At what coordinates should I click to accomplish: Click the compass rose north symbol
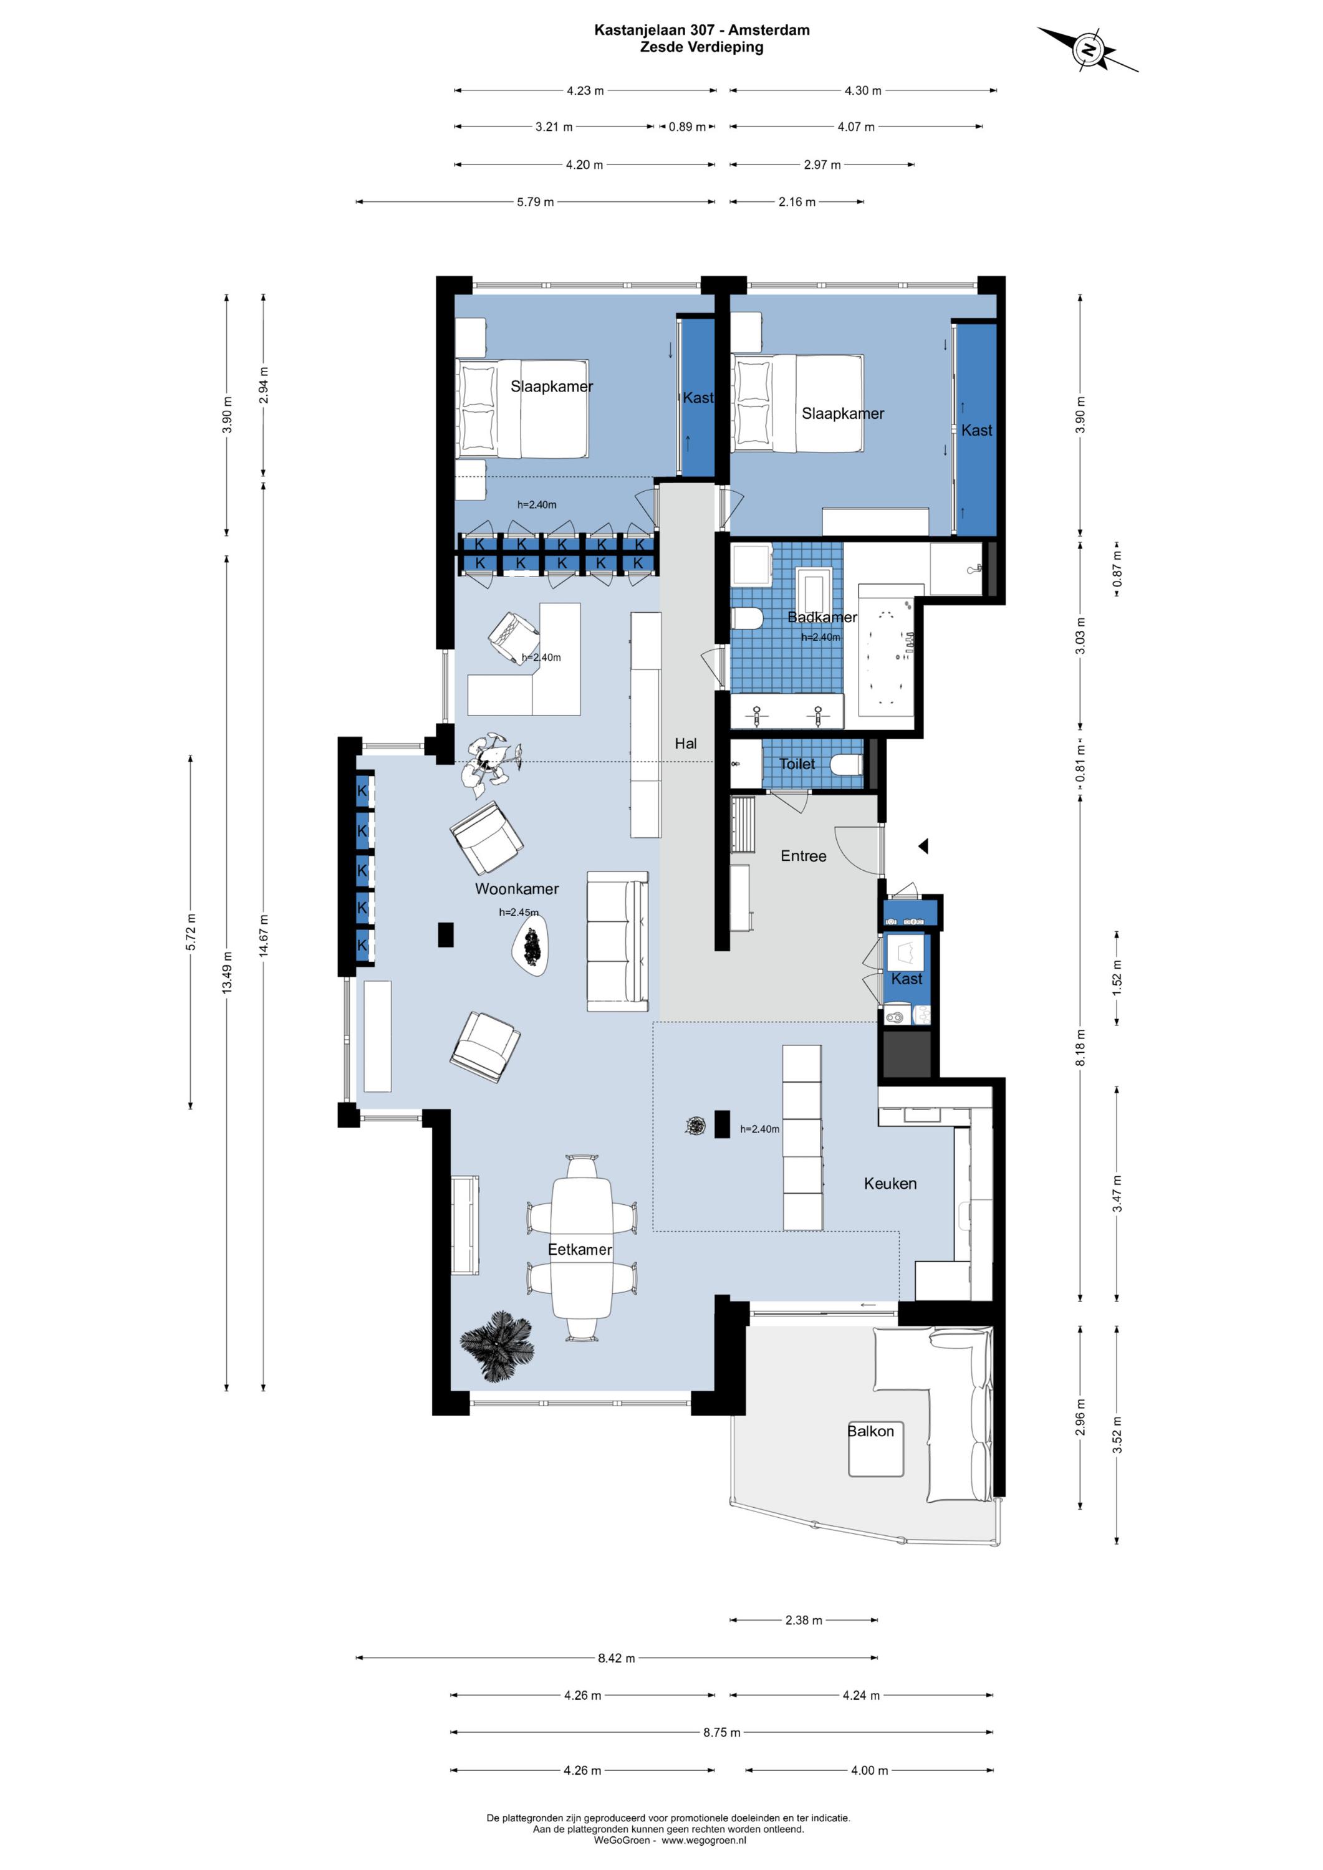point(1089,50)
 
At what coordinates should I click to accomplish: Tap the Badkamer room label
point(821,617)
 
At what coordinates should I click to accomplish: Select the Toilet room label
point(797,764)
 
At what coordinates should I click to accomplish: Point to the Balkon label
point(870,1431)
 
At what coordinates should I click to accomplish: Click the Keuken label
point(890,1184)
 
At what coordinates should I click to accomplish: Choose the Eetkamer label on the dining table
point(579,1249)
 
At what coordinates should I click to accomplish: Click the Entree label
point(803,856)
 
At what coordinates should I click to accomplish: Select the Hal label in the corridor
point(685,744)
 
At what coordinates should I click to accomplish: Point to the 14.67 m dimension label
point(263,937)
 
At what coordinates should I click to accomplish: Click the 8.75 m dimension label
point(722,1732)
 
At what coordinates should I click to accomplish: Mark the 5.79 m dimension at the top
point(535,202)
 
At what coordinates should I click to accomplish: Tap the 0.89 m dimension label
point(687,127)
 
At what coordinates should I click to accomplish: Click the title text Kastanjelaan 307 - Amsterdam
point(701,30)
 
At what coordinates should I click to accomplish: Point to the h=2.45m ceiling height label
point(519,912)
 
